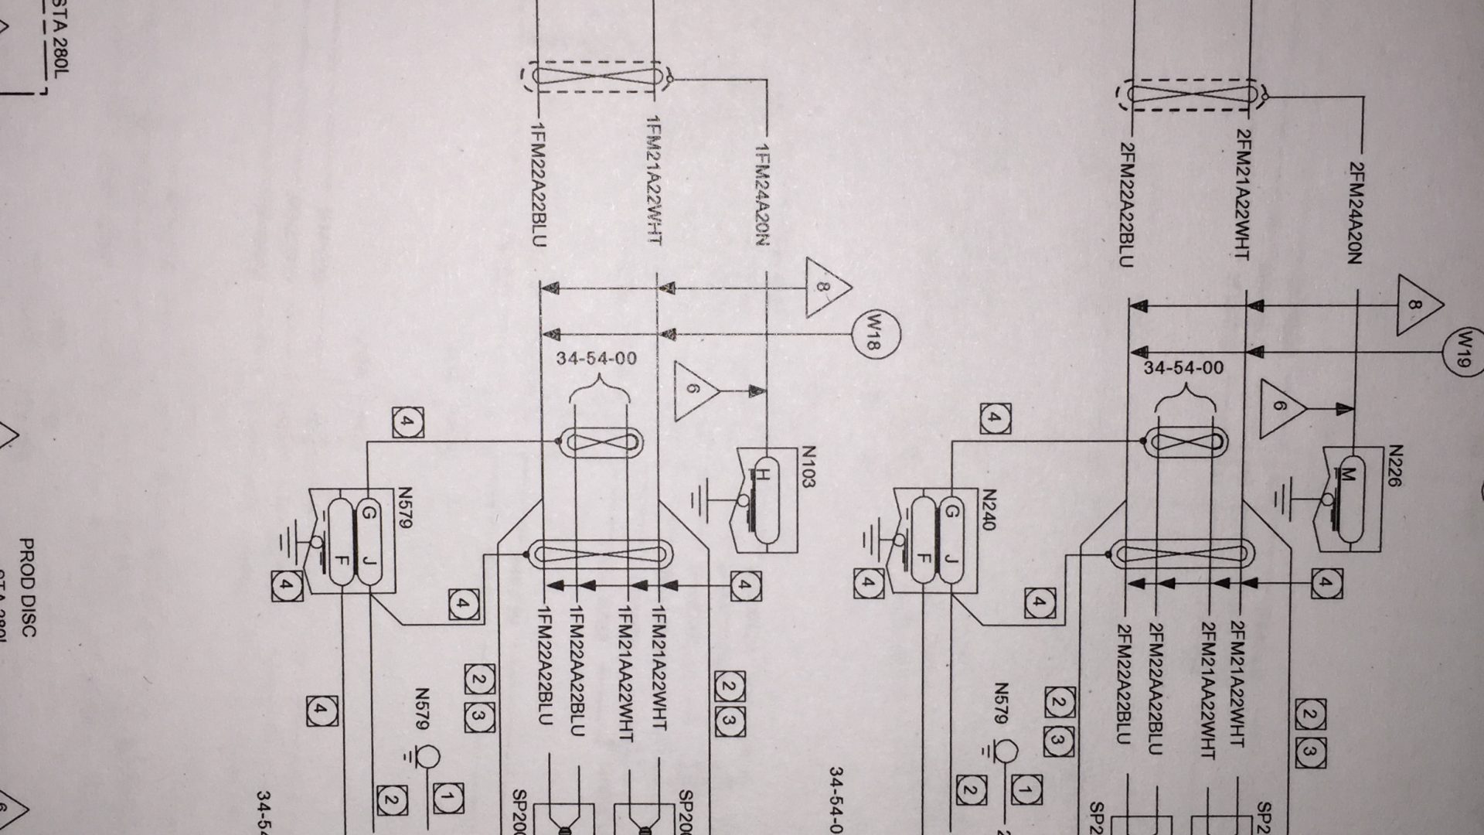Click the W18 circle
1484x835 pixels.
(x=875, y=335)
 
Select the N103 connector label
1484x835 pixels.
(x=808, y=467)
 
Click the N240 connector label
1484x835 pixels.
(x=990, y=510)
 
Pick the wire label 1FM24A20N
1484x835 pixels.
(x=762, y=195)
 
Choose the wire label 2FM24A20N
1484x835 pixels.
(x=1354, y=213)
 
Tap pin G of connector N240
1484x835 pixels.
(x=952, y=511)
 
